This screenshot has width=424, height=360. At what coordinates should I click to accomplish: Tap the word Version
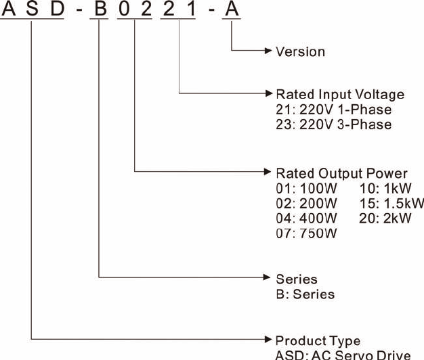pos(300,51)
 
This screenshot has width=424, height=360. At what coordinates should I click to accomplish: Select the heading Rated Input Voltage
pos(340,95)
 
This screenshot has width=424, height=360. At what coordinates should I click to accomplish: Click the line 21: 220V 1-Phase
pos(333,110)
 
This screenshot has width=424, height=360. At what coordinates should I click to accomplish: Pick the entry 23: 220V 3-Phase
pos(333,125)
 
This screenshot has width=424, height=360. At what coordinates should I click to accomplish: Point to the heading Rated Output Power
pos(341,173)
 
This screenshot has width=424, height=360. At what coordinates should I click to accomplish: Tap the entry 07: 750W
pos(306,233)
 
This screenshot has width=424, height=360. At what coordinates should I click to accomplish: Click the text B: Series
pos(305,294)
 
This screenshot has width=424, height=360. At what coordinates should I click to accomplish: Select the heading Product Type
pos(318,340)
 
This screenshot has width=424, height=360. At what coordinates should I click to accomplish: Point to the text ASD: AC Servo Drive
pos(343,355)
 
